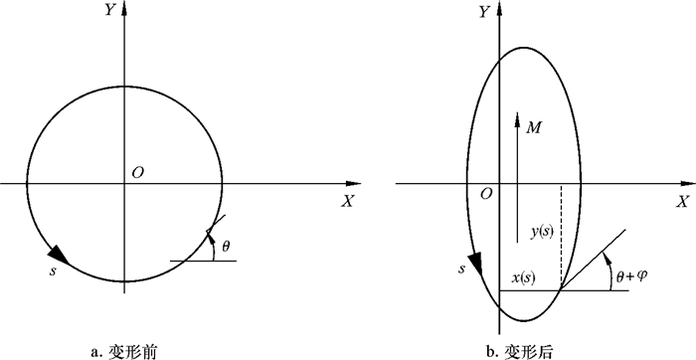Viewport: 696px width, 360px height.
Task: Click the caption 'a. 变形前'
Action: click(123, 352)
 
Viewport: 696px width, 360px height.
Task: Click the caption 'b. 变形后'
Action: click(520, 352)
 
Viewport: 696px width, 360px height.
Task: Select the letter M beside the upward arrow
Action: click(533, 128)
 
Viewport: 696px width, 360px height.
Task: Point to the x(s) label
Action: click(524, 278)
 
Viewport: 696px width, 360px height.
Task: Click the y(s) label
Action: click(542, 232)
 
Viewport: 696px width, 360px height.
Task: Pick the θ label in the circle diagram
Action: click(226, 246)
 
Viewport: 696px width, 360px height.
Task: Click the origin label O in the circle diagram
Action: click(138, 172)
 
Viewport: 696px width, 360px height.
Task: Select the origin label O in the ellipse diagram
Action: click(486, 194)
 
